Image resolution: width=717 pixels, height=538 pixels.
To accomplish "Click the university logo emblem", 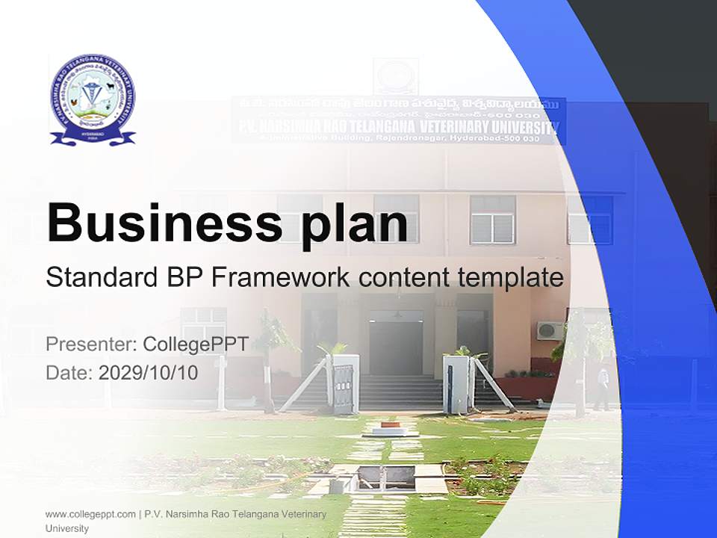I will point(93,99).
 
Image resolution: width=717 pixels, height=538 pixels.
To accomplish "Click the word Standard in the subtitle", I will point(99,277).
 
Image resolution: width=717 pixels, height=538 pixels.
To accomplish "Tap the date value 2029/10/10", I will point(148,373).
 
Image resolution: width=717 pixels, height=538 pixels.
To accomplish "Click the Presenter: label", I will point(90,344).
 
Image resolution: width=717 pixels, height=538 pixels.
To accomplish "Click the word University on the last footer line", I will point(67,528).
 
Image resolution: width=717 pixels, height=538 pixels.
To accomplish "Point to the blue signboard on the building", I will point(398,120).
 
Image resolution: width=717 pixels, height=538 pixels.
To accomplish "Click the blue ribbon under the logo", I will point(93,137).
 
